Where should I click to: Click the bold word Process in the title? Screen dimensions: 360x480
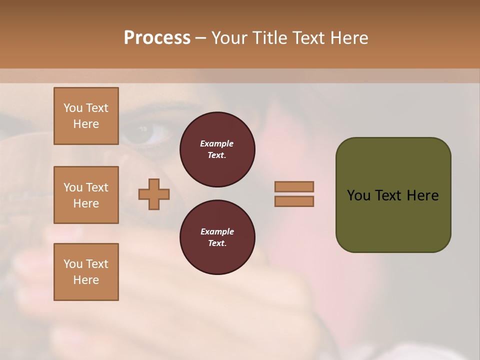click(x=157, y=38)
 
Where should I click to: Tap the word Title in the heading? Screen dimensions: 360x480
click(x=271, y=38)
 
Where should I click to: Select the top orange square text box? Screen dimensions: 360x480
click(x=86, y=116)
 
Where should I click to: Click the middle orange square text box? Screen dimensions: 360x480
click(x=86, y=195)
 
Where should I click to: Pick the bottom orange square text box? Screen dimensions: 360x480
click(x=86, y=272)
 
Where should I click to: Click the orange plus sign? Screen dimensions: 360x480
click(x=154, y=194)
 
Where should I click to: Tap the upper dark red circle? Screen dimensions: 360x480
click(x=217, y=149)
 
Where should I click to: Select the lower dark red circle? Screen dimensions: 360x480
click(x=217, y=237)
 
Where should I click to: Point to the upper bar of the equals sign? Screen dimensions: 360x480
click(x=294, y=186)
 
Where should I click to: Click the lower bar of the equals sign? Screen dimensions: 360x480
click(x=294, y=201)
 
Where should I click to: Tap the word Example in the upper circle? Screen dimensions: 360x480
click(x=217, y=144)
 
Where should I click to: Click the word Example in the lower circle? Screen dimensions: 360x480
click(x=217, y=232)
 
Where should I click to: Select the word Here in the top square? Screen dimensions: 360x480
click(x=86, y=124)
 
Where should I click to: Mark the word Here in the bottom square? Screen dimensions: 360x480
click(x=86, y=280)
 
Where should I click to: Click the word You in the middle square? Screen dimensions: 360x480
click(x=72, y=187)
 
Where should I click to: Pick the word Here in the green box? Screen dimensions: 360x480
click(x=423, y=195)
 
